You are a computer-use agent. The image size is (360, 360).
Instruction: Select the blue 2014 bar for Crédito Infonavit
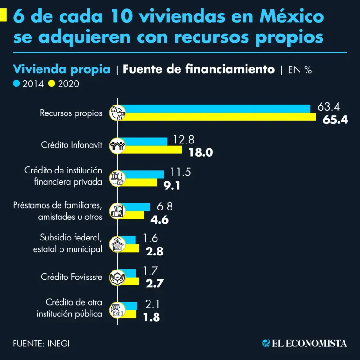click(x=145, y=142)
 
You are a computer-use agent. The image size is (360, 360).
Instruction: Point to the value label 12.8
click(x=183, y=139)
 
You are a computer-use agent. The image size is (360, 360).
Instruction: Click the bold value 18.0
click(x=201, y=152)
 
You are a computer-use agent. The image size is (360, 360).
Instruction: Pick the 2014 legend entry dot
click(x=17, y=84)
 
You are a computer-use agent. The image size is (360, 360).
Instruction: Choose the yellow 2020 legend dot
click(x=52, y=84)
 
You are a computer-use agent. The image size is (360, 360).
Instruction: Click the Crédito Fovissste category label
click(x=71, y=277)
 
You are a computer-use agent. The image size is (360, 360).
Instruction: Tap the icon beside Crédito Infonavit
click(x=117, y=145)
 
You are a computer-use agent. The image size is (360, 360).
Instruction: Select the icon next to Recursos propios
click(x=117, y=112)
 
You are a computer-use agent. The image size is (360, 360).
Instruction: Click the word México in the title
click(x=291, y=17)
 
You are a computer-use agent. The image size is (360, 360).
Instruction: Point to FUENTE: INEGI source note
click(x=41, y=343)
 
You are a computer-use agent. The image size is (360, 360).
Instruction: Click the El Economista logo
click(x=305, y=343)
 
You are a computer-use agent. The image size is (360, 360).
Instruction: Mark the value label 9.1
click(x=172, y=185)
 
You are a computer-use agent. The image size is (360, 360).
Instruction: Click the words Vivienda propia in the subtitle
click(x=62, y=69)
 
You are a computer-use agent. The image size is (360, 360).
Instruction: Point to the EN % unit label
click(x=300, y=70)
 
